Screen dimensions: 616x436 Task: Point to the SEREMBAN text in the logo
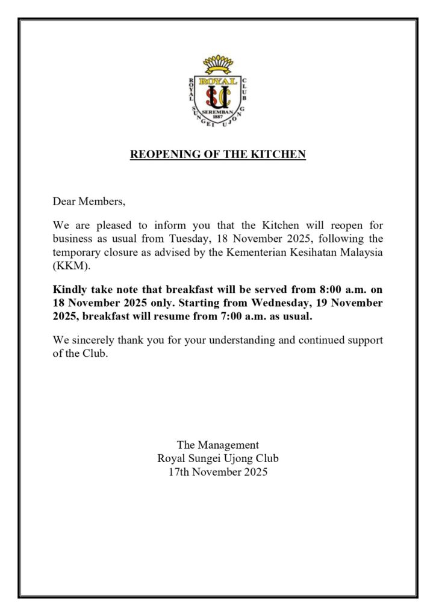point(218,112)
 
